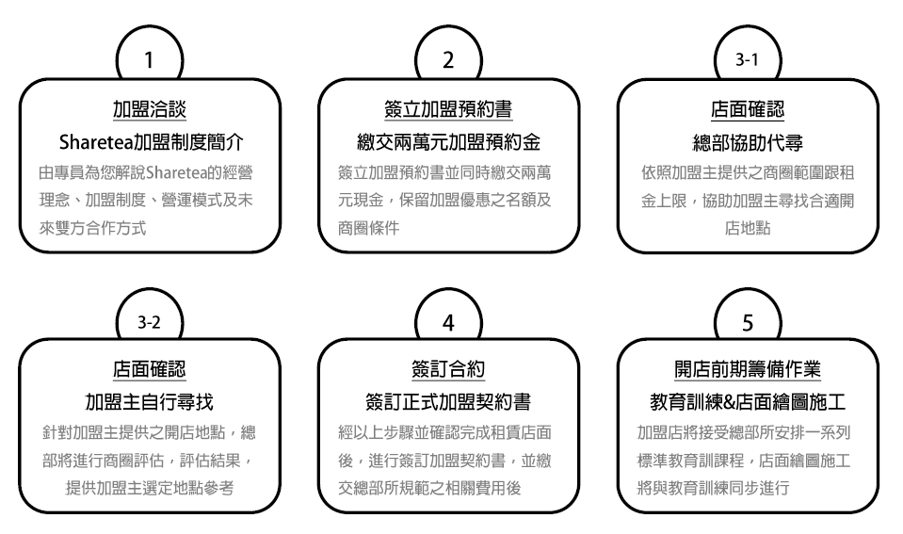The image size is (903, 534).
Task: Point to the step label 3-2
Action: pos(149,322)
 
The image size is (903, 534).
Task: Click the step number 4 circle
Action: pos(449,322)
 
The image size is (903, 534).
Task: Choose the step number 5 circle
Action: pos(749,322)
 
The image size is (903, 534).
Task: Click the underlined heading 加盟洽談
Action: pos(149,110)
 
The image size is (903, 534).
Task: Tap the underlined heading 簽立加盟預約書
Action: pos(448,110)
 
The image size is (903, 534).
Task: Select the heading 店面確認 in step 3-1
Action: pos(749,110)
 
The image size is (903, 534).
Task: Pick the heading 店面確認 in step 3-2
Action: pos(149,370)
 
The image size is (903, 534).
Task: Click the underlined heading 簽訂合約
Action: pos(448,370)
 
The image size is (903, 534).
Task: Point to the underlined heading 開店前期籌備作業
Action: pos(749,370)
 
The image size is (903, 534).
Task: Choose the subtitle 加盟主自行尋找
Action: pos(149,402)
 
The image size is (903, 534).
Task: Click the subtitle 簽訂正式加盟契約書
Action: pos(448,402)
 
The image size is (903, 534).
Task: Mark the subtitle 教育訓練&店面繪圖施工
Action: pos(749,402)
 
